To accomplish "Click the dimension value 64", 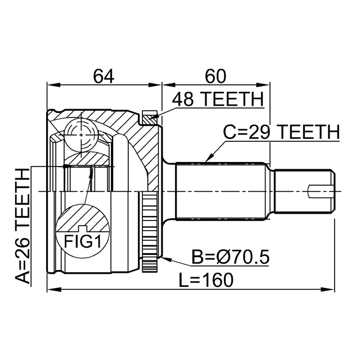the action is click(103, 76).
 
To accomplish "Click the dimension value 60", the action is click(215, 76).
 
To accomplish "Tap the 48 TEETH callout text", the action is click(218, 99).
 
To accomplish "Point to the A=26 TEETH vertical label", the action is click(22, 226).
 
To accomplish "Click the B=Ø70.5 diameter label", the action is click(230, 257).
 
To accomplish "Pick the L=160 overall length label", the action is click(206, 280).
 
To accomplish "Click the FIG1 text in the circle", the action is click(83, 241).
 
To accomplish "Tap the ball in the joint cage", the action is click(81, 135).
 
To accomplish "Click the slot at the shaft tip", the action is click(319, 191).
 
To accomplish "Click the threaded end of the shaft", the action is click(304, 191).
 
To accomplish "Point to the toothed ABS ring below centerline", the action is click(150, 232).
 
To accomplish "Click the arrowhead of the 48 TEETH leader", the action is click(153, 118).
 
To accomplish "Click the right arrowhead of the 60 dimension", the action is click(263, 85).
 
